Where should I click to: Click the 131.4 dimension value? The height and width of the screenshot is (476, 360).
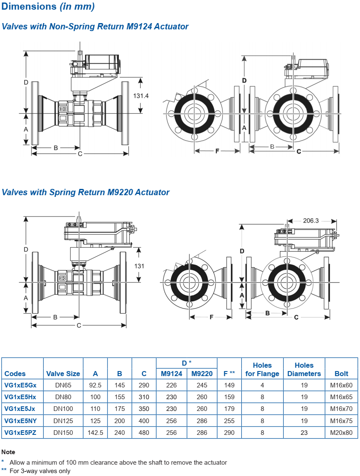[141, 96]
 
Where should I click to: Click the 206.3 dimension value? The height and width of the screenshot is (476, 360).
[311, 220]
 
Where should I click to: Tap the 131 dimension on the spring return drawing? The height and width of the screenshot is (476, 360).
[139, 266]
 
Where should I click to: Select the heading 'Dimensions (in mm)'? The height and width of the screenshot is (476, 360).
[48, 6]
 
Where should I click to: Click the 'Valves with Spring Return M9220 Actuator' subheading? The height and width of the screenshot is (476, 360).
[86, 192]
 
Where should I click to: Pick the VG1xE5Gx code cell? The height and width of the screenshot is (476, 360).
[21, 385]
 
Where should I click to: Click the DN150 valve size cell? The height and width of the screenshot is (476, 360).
[63, 432]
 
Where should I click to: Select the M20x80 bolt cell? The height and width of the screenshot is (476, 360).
[342, 432]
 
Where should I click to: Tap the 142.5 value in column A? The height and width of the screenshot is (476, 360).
[95, 432]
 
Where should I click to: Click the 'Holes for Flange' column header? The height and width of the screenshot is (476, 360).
[262, 369]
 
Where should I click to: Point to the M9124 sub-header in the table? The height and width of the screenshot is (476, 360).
[172, 374]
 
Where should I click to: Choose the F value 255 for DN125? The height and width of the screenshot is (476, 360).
[229, 421]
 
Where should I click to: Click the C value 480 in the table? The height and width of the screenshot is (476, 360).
[144, 432]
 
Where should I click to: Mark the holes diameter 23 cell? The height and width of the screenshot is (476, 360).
[304, 432]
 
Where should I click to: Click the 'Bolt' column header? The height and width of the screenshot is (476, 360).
[342, 374]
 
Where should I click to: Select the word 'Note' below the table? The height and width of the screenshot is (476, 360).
[8, 452]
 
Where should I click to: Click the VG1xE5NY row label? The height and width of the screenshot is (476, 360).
[21, 421]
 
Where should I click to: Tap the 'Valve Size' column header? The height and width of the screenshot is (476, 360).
[63, 374]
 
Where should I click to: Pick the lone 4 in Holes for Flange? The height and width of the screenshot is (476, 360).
[262, 385]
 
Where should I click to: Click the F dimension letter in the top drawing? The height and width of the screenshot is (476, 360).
[217, 151]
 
